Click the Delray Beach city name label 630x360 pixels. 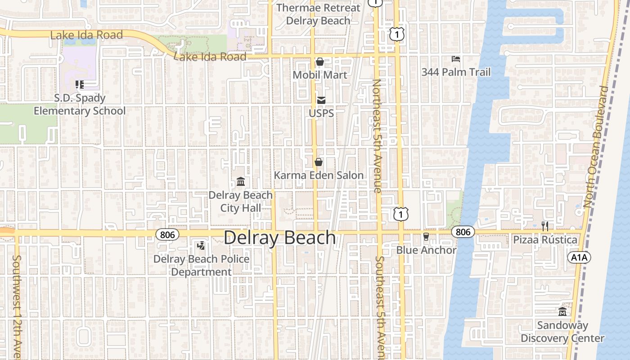point(279,238)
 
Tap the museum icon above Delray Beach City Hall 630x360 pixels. point(241,182)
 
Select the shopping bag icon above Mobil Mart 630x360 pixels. point(320,62)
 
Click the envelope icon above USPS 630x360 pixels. point(321,100)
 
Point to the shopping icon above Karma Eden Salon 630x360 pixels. point(319,162)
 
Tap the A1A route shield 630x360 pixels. point(579,257)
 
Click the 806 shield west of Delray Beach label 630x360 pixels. point(167,234)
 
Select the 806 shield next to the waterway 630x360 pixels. point(463,232)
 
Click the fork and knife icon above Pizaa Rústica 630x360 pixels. point(545,226)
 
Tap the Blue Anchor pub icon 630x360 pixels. point(426,236)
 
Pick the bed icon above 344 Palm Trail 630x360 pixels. point(456,59)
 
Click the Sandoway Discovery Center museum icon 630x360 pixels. point(562,311)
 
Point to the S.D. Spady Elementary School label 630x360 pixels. point(80,104)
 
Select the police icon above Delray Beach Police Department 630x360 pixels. point(201,246)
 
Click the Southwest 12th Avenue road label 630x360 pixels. point(17,306)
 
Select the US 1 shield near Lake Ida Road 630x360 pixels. point(397,34)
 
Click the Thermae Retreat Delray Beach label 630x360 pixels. point(318,14)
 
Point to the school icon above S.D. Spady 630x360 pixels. point(80,84)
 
